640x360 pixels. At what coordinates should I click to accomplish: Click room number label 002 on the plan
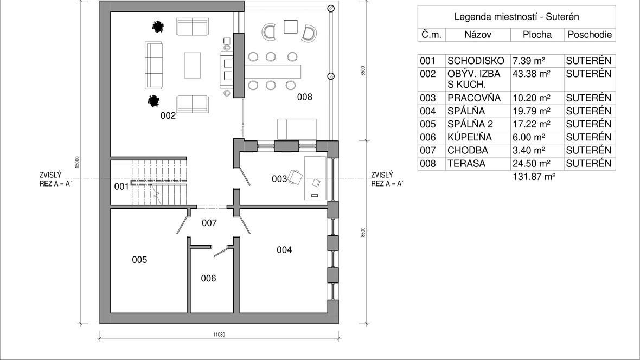click(168, 115)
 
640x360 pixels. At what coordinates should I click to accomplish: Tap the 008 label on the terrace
click(304, 97)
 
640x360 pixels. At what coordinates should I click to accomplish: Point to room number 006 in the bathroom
click(208, 278)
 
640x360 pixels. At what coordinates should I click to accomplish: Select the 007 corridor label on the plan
click(209, 223)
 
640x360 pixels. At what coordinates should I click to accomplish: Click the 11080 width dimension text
click(219, 335)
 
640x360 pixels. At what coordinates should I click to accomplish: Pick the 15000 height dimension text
click(77, 162)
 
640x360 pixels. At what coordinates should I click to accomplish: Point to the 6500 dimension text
click(363, 70)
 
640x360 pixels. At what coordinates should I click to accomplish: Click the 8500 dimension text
click(363, 233)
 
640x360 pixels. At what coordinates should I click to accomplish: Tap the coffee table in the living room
click(192, 65)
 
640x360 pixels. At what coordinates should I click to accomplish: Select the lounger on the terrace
click(297, 130)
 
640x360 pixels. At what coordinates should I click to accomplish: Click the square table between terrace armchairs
click(291, 27)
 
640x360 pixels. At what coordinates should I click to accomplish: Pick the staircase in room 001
click(158, 183)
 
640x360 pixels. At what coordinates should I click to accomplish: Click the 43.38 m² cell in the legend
click(531, 74)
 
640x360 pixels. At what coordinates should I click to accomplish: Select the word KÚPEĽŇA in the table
click(469, 137)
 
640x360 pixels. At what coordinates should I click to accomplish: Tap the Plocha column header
click(537, 35)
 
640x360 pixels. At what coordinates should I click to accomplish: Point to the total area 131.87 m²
click(534, 177)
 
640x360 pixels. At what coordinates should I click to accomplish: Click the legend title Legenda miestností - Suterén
click(516, 17)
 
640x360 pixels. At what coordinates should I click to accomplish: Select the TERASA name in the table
click(466, 163)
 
